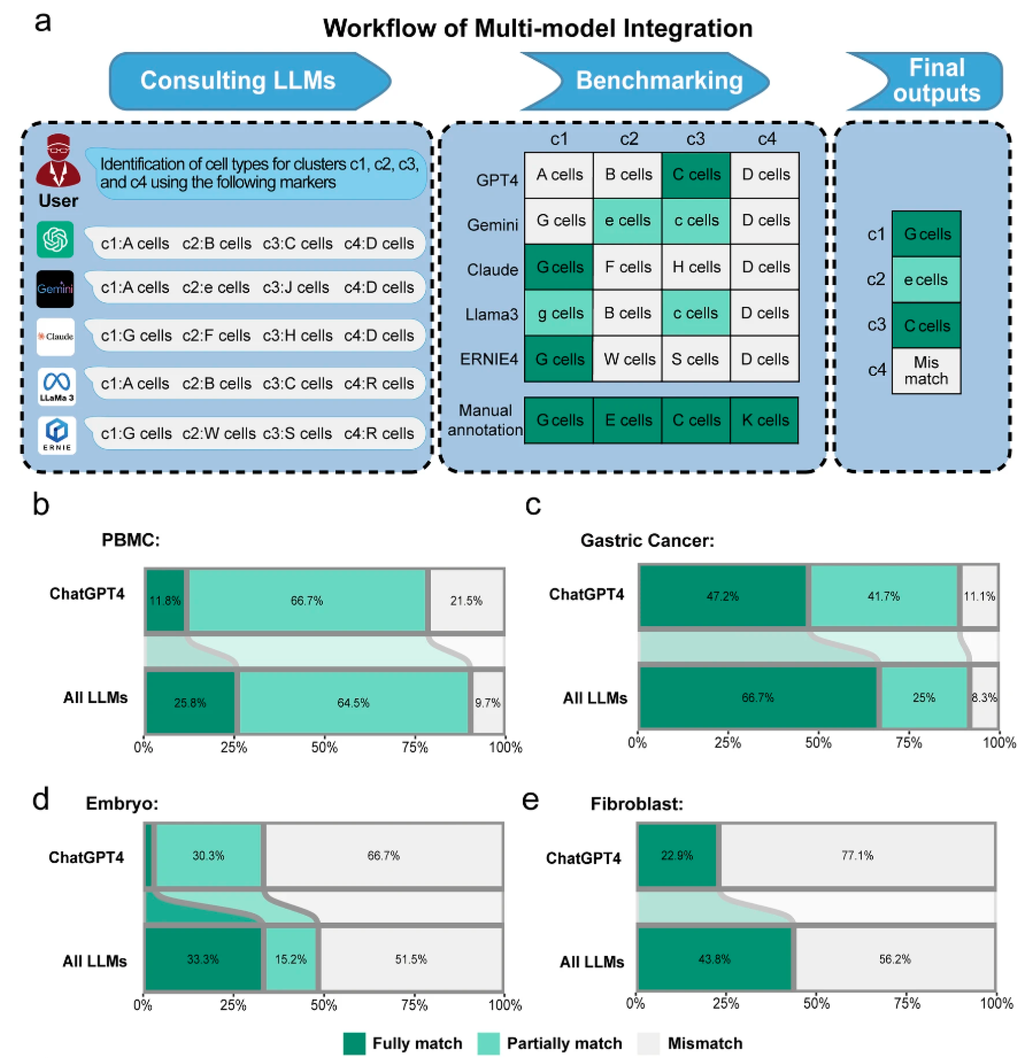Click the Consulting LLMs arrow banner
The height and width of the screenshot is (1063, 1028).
tap(250, 81)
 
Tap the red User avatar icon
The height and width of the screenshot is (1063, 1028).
tap(58, 161)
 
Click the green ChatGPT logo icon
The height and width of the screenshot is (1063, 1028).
tap(55, 239)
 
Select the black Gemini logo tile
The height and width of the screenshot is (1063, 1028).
tap(55, 288)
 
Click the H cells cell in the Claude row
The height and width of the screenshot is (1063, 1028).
tap(696, 267)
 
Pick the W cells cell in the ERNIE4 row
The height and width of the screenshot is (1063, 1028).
tap(628, 359)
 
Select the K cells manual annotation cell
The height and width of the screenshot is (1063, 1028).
tap(765, 420)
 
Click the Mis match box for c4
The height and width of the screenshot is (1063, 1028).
tap(927, 370)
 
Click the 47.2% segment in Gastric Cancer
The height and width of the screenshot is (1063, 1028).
tap(723, 596)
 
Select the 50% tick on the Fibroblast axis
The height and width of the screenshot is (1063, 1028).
tap(816, 1003)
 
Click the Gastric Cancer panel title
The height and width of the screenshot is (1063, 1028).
tap(647, 540)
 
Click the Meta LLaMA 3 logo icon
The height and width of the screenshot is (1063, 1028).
tap(56, 386)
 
